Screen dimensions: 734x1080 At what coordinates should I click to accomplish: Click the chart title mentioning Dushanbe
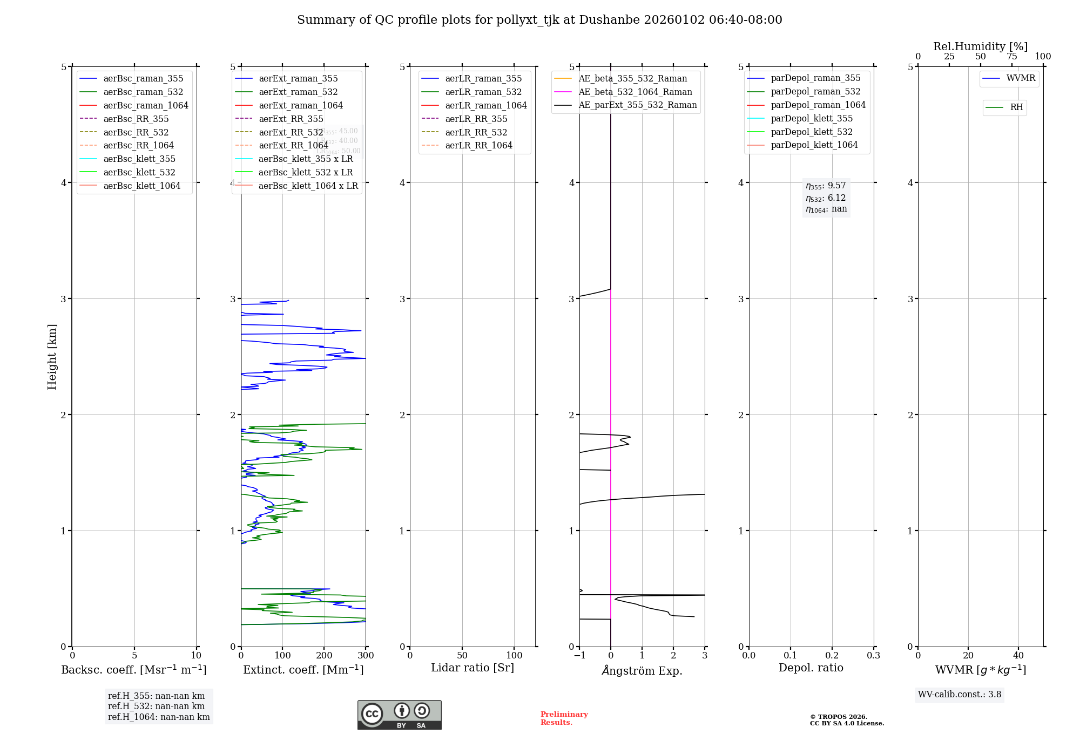pos(539,20)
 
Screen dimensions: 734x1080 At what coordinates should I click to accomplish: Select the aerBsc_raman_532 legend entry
pos(143,92)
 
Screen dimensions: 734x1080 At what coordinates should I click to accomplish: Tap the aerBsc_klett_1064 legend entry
pos(142,186)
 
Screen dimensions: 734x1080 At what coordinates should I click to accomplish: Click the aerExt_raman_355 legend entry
pos(298,79)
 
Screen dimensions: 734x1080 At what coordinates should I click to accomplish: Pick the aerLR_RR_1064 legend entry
pos(478,146)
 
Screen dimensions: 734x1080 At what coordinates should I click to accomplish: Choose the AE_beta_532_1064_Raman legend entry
pos(635,92)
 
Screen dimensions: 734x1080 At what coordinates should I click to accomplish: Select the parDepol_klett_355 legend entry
pos(812,119)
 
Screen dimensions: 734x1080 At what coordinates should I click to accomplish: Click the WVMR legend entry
pos(1021,78)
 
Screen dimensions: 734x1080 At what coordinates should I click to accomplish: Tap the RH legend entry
pos(1016,107)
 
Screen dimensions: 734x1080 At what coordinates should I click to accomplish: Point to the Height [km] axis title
pos(52,357)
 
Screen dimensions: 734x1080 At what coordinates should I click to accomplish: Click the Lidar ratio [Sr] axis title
pos(473,668)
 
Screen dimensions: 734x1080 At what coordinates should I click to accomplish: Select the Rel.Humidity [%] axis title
pos(980,46)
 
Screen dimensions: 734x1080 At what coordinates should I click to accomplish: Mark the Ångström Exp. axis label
pos(642,670)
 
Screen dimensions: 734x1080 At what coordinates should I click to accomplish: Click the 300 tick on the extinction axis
pos(366,656)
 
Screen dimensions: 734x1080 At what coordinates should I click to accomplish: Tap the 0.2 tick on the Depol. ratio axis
pos(832,656)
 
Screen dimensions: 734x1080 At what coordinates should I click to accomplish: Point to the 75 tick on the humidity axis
pos(1012,57)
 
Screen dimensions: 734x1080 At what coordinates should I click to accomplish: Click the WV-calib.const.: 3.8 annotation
pos(960,695)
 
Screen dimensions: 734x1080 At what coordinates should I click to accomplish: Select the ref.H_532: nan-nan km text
pos(156,706)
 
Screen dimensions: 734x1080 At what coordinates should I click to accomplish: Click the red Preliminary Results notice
pos(564,718)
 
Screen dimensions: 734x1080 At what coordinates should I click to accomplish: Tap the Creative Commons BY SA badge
pos(399,715)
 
